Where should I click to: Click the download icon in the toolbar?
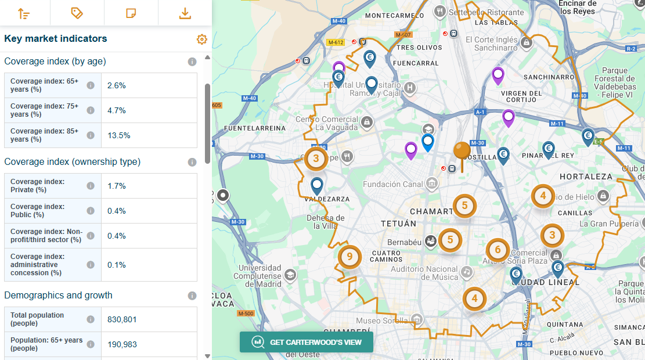click(x=185, y=13)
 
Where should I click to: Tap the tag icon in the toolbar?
click(x=77, y=13)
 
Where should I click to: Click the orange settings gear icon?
click(x=201, y=39)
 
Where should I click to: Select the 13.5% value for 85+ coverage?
click(x=118, y=135)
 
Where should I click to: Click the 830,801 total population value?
click(x=122, y=319)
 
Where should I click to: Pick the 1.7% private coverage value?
click(x=117, y=186)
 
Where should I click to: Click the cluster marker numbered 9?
click(x=349, y=256)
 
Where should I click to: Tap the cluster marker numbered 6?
click(x=498, y=250)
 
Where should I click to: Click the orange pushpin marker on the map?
click(x=462, y=152)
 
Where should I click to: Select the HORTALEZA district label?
click(x=586, y=176)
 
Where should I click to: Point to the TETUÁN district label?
click(x=398, y=224)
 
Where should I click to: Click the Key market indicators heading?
click(x=56, y=39)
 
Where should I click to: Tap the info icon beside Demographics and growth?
click(x=192, y=296)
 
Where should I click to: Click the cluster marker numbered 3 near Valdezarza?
click(x=316, y=158)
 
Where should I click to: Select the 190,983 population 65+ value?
click(x=122, y=344)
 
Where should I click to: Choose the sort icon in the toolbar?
click(x=24, y=13)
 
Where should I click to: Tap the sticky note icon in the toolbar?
click(x=131, y=13)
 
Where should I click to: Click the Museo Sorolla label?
click(x=376, y=321)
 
